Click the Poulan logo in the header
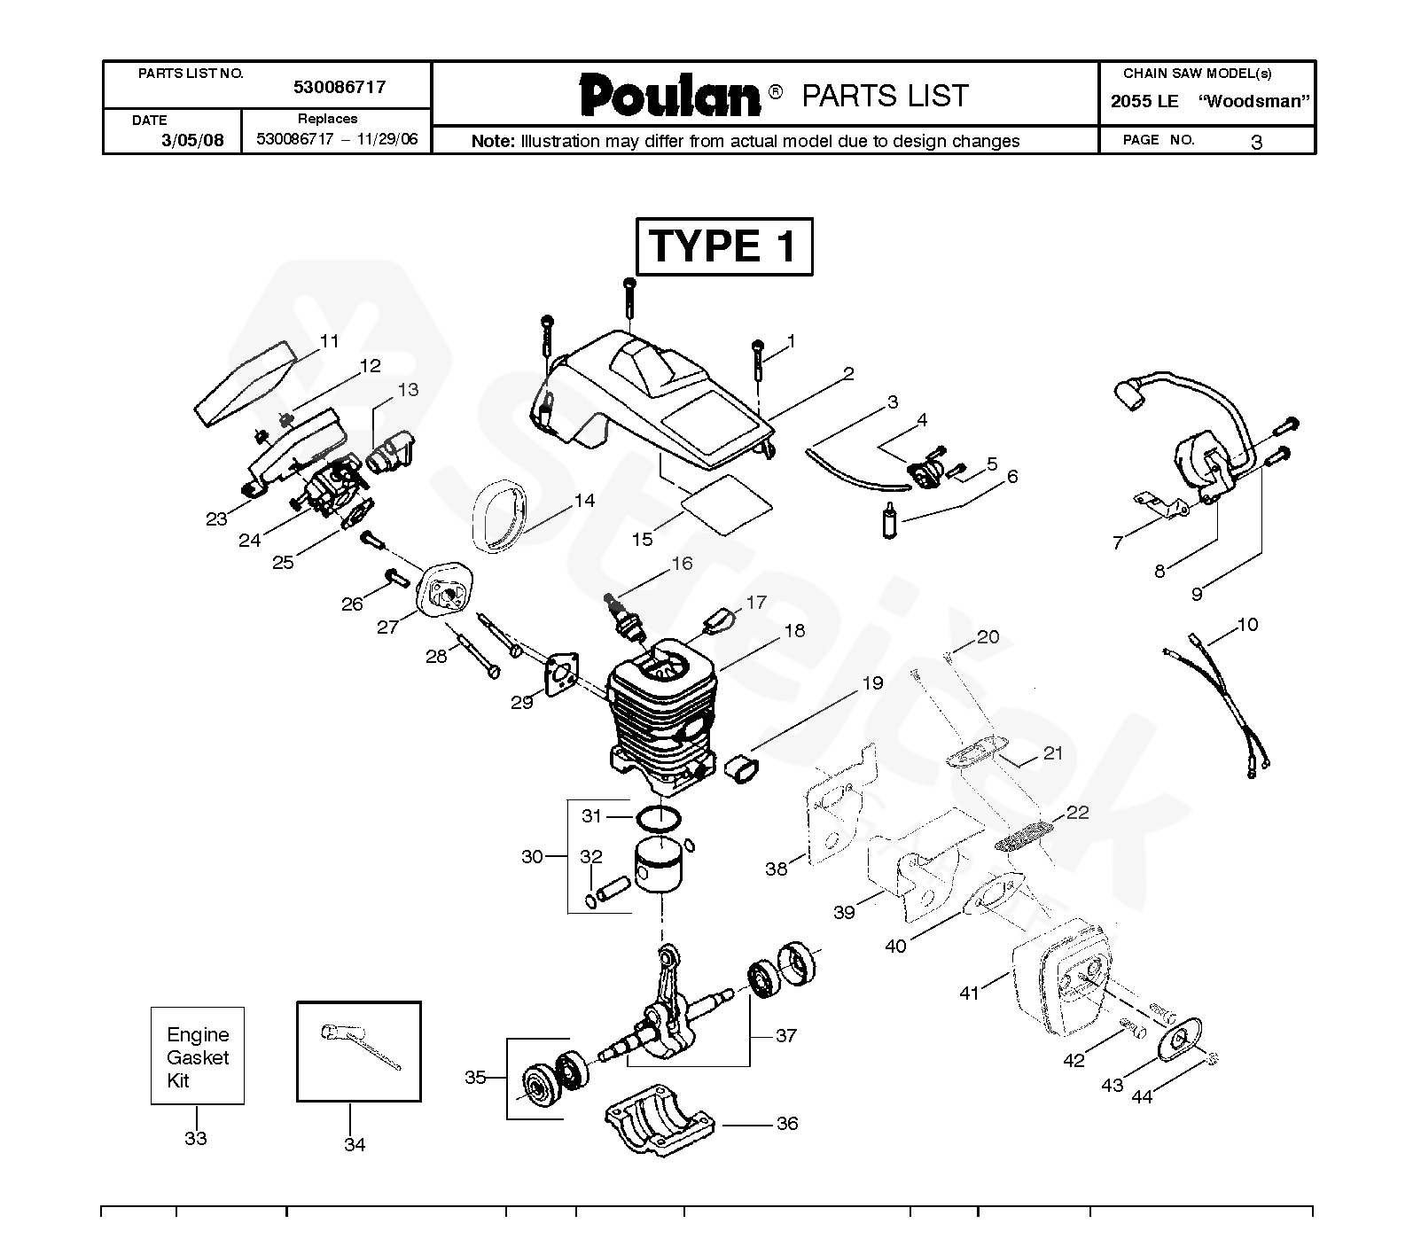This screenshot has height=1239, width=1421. click(670, 96)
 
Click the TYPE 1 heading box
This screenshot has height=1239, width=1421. click(723, 246)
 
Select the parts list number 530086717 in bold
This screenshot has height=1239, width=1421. click(340, 87)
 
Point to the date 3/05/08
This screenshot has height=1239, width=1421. click(192, 140)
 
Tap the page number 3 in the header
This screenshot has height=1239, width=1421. click(1255, 142)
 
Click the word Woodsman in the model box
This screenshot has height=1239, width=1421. click(1253, 101)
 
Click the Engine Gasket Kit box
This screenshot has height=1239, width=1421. click(197, 1056)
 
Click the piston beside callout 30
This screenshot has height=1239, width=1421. click(656, 866)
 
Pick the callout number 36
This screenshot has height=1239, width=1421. click(787, 1124)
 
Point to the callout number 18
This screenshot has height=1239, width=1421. click(794, 631)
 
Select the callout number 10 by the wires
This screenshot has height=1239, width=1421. click(1247, 625)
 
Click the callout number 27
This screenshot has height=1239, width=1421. click(387, 627)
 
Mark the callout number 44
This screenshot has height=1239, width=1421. click(1142, 1097)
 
